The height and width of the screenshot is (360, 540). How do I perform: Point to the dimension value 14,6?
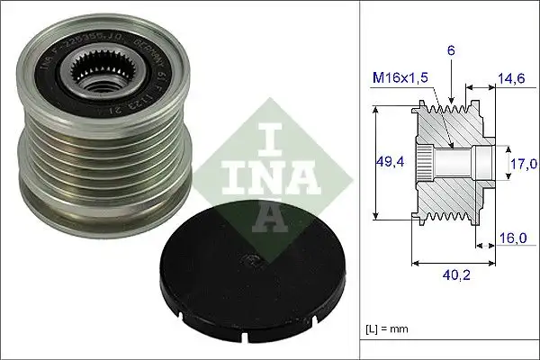tap(511, 80)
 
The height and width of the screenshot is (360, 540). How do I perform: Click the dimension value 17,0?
tap(524, 163)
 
